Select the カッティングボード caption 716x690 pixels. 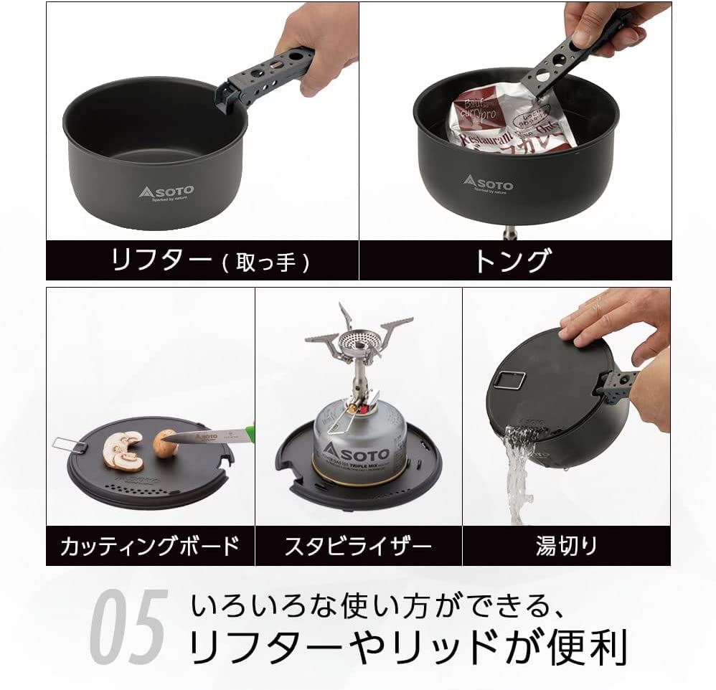[149, 547]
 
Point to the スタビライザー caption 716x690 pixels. [358, 547]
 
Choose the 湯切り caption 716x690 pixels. [566, 547]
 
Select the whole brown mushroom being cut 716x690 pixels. [165, 443]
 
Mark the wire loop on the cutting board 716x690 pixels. [69, 445]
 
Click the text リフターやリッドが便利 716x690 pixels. [408, 648]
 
